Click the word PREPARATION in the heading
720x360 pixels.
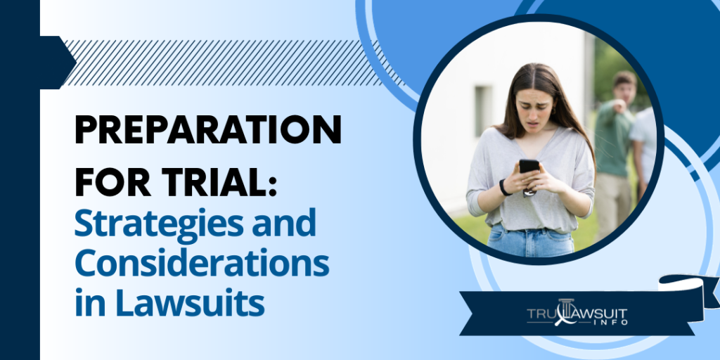(x=208, y=132)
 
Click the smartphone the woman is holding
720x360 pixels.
(x=529, y=169)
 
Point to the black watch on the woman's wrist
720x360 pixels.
(x=503, y=188)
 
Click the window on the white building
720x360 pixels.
(x=483, y=110)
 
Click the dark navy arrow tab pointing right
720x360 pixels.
(x=56, y=63)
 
